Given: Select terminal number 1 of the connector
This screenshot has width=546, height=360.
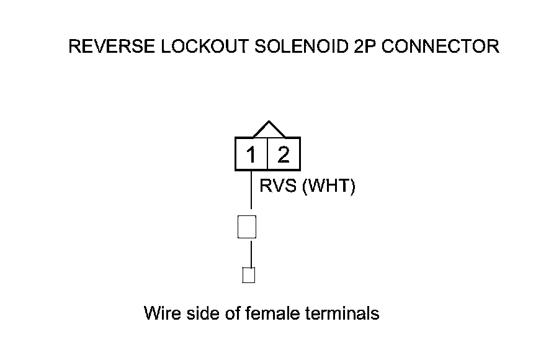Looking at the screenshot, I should pyautogui.click(x=251, y=155).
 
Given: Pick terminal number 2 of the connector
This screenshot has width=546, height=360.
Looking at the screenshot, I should pyautogui.click(x=284, y=155).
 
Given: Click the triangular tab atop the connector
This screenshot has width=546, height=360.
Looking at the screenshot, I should pyautogui.click(x=268, y=130).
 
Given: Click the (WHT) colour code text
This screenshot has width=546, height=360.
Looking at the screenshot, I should pyautogui.click(x=328, y=186).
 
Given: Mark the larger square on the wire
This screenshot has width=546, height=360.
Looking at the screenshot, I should pyautogui.click(x=247, y=227).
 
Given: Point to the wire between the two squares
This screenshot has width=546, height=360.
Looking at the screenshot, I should pyautogui.click(x=251, y=253).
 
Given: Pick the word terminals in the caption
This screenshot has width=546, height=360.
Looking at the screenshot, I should pyautogui.click(x=343, y=313).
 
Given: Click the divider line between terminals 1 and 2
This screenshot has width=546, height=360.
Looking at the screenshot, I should pyautogui.click(x=267, y=155).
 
